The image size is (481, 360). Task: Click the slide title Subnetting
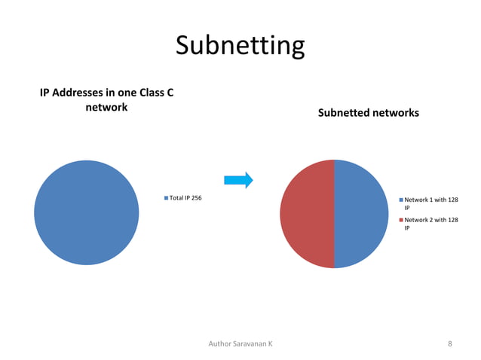point(240,45)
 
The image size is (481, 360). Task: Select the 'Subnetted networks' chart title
point(368,113)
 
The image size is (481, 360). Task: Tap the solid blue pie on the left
point(86,212)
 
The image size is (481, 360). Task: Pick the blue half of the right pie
point(361,214)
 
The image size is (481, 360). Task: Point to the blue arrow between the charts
point(238,180)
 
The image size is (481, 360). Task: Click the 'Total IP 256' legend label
point(185,198)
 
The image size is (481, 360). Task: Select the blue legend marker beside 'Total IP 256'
point(166,198)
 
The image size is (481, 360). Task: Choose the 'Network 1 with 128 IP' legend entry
point(430,203)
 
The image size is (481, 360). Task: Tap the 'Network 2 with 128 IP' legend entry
point(430,224)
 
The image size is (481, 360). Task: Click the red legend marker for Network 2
point(401,221)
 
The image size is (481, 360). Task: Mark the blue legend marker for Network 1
point(401,200)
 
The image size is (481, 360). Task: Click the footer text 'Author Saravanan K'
point(240,343)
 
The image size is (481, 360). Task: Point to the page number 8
point(449,343)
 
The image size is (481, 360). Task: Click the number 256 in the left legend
point(195,198)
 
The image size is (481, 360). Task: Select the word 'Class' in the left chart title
point(156,93)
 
